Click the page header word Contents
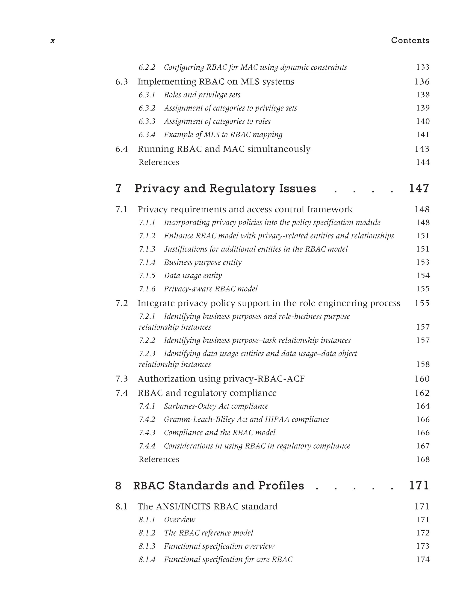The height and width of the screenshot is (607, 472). (x=410, y=41)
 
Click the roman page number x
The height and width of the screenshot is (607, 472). (x=53, y=41)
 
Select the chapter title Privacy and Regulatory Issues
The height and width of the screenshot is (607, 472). (x=225, y=188)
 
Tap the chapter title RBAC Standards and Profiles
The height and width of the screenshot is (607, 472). (x=219, y=486)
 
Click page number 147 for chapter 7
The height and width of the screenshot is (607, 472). (x=419, y=188)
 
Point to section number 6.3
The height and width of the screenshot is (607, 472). (x=122, y=82)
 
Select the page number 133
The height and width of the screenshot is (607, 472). (x=422, y=67)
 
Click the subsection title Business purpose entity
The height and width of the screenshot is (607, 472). (x=203, y=262)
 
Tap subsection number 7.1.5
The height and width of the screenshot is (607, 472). (x=147, y=276)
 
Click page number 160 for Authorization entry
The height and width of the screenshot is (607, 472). (x=422, y=379)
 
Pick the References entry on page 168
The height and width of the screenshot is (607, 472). (x=159, y=459)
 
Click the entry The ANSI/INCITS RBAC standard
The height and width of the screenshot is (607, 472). (x=207, y=506)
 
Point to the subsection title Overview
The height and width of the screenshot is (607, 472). (x=180, y=520)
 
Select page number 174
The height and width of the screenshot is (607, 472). (x=422, y=560)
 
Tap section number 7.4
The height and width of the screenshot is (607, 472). (x=122, y=393)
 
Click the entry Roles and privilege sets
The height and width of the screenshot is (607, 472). (x=202, y=95)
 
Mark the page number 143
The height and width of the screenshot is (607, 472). (x=422, y=149)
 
